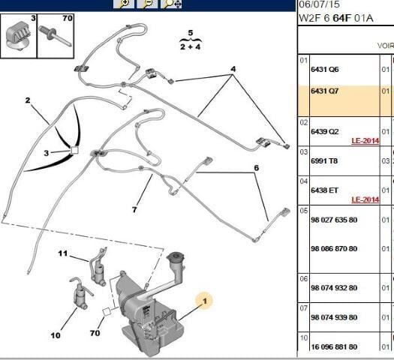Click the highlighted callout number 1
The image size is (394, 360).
(x=205, y=301)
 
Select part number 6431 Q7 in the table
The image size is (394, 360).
(x=324, y=91)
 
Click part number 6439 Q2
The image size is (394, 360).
(x=324, y=131)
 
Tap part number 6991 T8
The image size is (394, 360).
(x=324, y=161)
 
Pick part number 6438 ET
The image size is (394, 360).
(x=324, y=190)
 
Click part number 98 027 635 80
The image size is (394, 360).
(x=334, y=220)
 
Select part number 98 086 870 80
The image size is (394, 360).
(x=334, y=249)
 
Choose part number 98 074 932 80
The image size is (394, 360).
(x=334, y=288)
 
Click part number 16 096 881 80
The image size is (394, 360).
(x=334, y=347)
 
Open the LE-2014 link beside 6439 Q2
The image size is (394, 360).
(x=365, y=140)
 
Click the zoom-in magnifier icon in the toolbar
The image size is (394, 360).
(x=124, y=4)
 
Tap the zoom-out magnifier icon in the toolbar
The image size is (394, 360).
(x=147, y=4)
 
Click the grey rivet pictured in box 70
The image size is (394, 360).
(x=55, y=36)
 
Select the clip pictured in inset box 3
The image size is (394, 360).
(x=17, y=37)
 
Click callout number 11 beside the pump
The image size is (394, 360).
(x=63, y=253)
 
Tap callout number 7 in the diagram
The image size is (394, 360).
(x=134, y=209)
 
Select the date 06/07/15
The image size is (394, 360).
(x=319, y=4)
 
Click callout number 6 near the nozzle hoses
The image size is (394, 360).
(x=257, y=168)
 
